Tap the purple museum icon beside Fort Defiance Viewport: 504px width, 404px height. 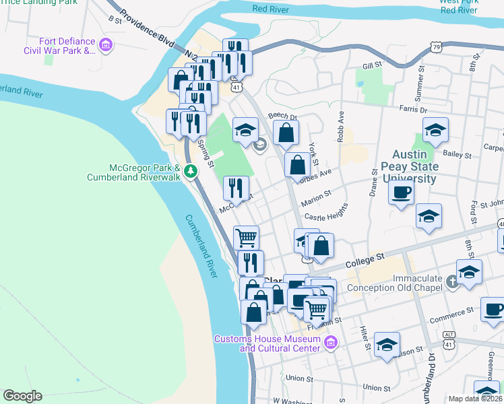105,45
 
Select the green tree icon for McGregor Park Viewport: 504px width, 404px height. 191,171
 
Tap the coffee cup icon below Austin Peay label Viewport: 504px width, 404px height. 402,193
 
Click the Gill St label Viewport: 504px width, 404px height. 371,66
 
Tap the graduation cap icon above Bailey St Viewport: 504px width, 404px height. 435,130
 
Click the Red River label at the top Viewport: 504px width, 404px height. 270,9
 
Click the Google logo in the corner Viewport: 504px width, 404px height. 22,396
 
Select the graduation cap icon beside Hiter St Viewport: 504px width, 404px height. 387,345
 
